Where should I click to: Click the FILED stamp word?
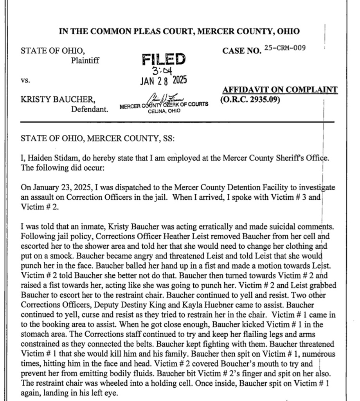point(164,60)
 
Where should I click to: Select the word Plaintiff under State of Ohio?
point(85,60)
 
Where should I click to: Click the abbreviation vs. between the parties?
point(25,80)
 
